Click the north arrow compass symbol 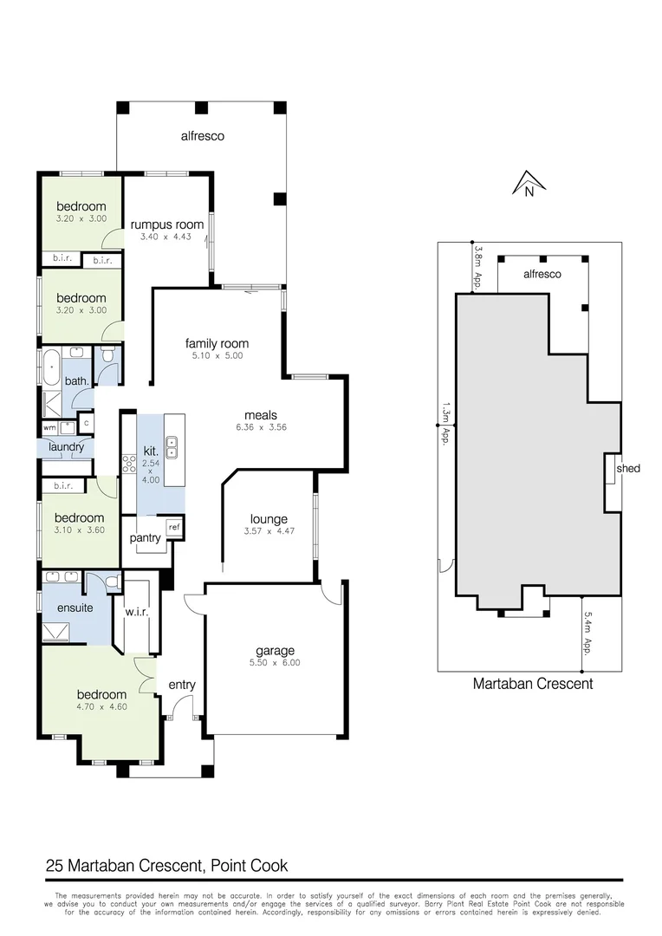(528, 184)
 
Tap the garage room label (275, 651)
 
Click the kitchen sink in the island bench (172, 446)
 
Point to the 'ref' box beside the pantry (174, 527)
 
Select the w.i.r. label (138, 614)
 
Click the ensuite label (75, 608)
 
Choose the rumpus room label (167, 224)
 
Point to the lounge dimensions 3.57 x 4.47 (269, 531)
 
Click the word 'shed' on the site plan (628, 468)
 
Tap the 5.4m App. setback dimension (587, 634)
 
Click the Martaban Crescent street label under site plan (532, 683)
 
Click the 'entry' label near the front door (182, 685)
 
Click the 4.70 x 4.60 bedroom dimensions (102, 707)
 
